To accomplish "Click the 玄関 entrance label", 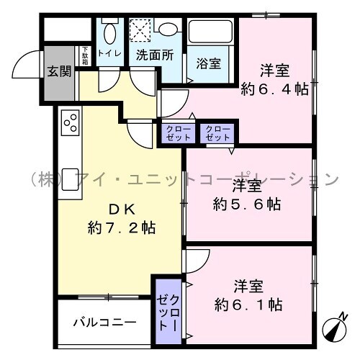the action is tap(59, 71).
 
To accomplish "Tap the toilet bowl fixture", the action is tap(109, 33).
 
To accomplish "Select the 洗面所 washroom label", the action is tap(155, 55).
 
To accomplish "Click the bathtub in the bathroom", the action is tap(211, 32).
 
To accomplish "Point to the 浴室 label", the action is tap(209, 63).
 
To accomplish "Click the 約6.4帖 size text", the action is tap(274, 89).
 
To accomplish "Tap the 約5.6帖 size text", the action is tap(247, 204).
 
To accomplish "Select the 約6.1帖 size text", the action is tap(248, 305).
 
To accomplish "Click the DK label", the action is tap(122, 210).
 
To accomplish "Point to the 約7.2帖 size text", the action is tap(122, 228).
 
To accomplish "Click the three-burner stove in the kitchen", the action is tap(71, 122).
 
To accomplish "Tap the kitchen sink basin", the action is tap(70, 179).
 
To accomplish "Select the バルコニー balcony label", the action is tap(105, 323).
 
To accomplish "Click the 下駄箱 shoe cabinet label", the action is tap(85, 55).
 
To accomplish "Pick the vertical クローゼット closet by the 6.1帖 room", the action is tap(168, 311).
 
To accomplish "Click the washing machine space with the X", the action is tap(140, 30).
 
